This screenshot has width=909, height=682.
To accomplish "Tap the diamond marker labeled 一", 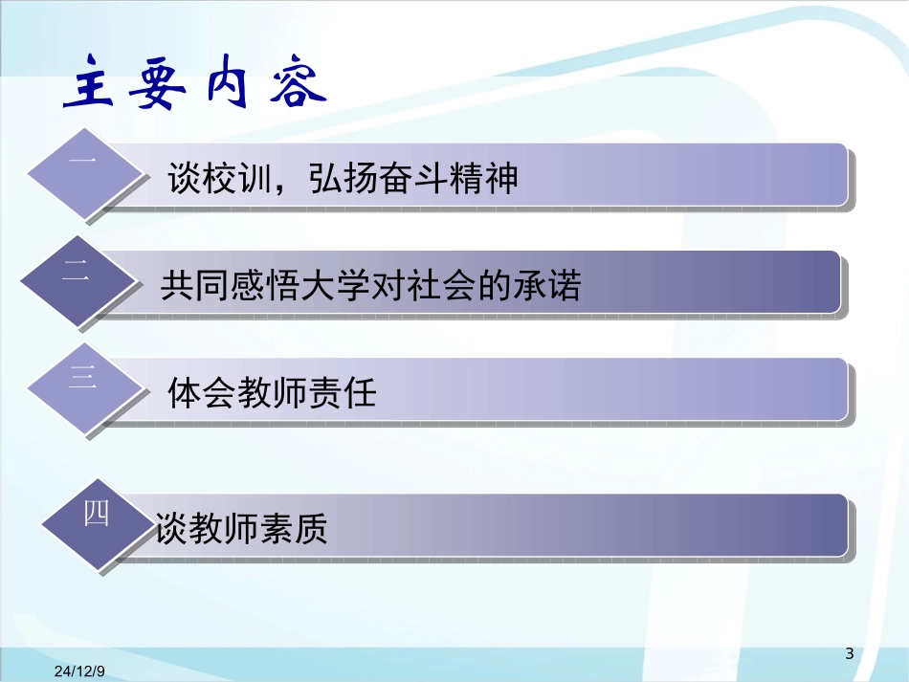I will pos(86,172).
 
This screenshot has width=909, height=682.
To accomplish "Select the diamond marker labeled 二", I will pos(79,280).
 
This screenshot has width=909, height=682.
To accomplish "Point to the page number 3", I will pos(849,653).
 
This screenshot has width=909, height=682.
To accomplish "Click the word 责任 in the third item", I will pos(342,392).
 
